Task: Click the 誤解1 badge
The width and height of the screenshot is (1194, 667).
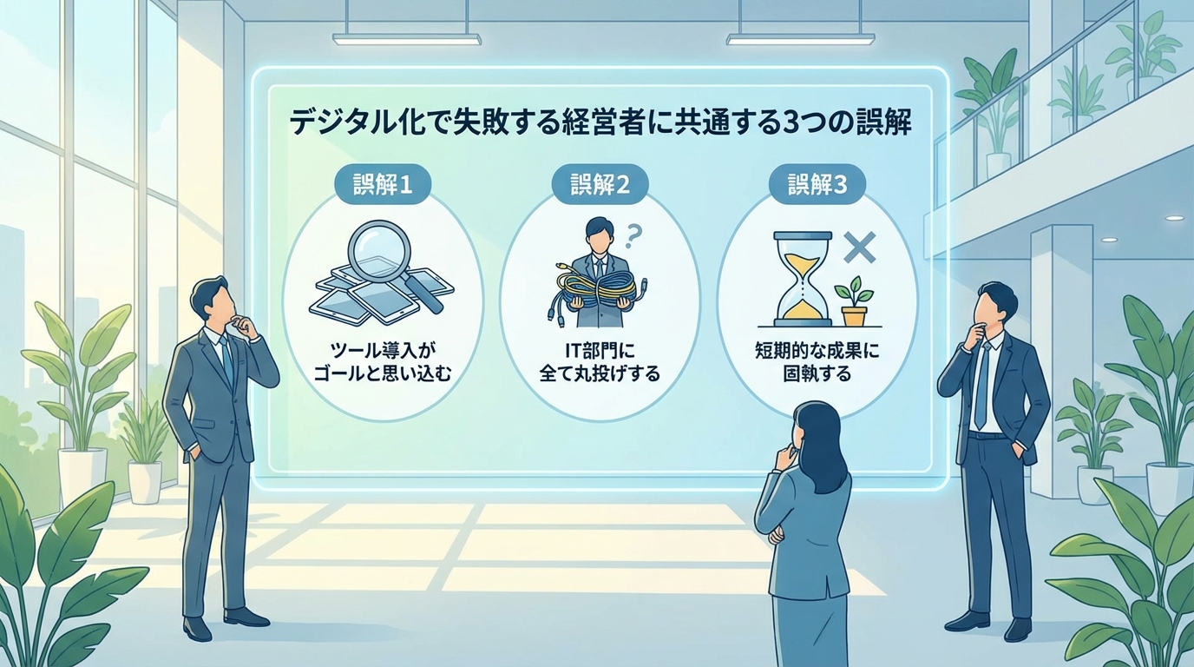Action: coord(382,186)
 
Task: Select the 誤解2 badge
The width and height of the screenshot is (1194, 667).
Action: coord(600,186)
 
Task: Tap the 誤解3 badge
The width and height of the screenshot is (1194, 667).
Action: coord(817,186)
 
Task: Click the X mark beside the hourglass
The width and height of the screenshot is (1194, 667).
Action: coord(859,247)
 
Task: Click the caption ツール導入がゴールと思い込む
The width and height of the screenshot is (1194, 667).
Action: coord(382,364)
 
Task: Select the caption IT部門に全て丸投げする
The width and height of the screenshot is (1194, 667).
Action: coord(600,364)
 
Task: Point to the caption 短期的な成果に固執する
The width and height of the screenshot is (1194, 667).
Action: coord(817,364)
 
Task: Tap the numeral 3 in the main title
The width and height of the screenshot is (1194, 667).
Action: coord(790,122)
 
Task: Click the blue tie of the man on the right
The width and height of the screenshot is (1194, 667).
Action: coord(983,382)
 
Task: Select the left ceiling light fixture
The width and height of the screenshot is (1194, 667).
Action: coord(406,39)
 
